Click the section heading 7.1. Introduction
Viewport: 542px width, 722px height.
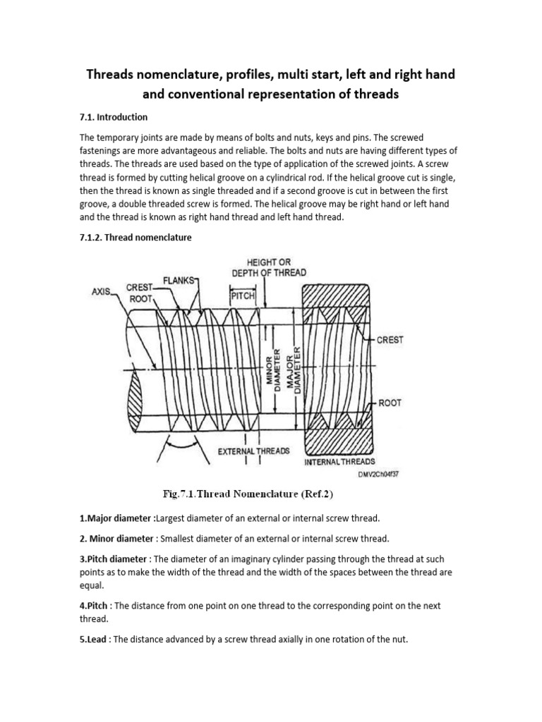(x=114, y=117)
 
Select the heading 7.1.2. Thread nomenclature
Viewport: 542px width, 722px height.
(x=135, y=238)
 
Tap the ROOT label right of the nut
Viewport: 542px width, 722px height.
(x=390, y=403)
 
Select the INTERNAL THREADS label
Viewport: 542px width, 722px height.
(x=344, y=463)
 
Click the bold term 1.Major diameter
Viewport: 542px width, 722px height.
(x=116, y=518)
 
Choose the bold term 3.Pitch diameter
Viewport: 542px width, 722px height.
(x=117, y=559)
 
